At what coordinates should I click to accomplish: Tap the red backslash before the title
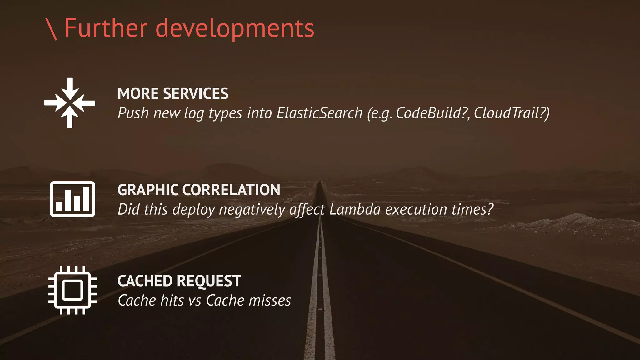52,29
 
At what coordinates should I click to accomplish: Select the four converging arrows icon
70,103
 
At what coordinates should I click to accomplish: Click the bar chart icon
72,199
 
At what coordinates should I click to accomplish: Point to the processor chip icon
72,290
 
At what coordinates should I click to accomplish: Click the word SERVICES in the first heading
196,93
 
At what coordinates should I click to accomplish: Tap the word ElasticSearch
319,113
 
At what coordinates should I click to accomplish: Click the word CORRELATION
231,190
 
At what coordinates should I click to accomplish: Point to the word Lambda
355,209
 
